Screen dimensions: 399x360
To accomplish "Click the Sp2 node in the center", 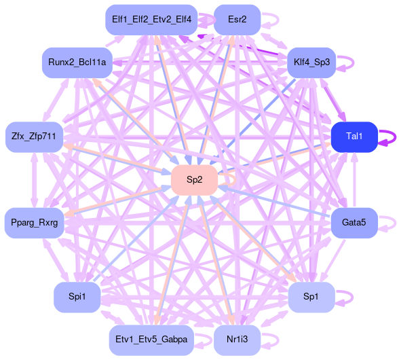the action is (194, 180).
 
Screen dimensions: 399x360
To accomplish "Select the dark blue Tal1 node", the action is (354, 137).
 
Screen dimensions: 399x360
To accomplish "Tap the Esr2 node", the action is (237, 20).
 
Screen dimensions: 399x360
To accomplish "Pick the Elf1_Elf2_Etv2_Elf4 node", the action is (151, 20).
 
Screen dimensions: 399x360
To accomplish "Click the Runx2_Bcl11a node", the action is (77, 62).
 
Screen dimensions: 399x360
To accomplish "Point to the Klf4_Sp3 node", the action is (311, 62).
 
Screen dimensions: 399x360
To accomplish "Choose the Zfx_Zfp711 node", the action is (34, 137).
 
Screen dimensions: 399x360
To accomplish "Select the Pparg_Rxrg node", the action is (35, 223).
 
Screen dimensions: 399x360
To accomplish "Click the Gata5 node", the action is (354, 223).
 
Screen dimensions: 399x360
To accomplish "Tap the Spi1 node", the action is (77, 297).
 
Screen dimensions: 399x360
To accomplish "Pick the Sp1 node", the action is (311, 297).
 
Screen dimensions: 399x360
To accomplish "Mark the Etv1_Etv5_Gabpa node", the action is (151, 340).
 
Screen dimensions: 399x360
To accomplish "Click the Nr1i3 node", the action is (237, 340).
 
